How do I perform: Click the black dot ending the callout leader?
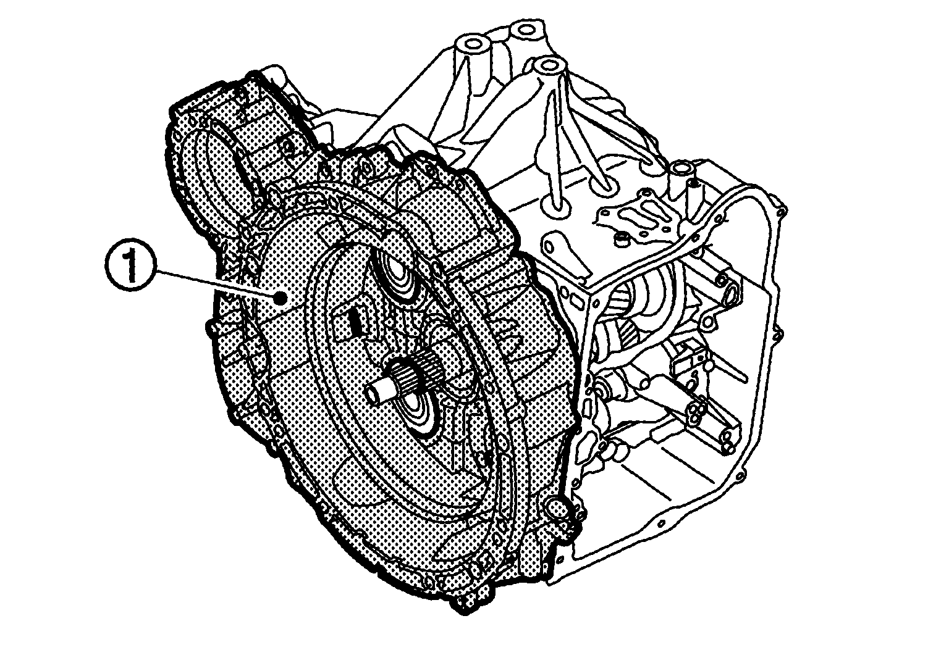[x=281, y=298]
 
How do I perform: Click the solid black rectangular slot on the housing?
[x=354, y=325]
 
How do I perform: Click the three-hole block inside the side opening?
[x=696, y=410]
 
